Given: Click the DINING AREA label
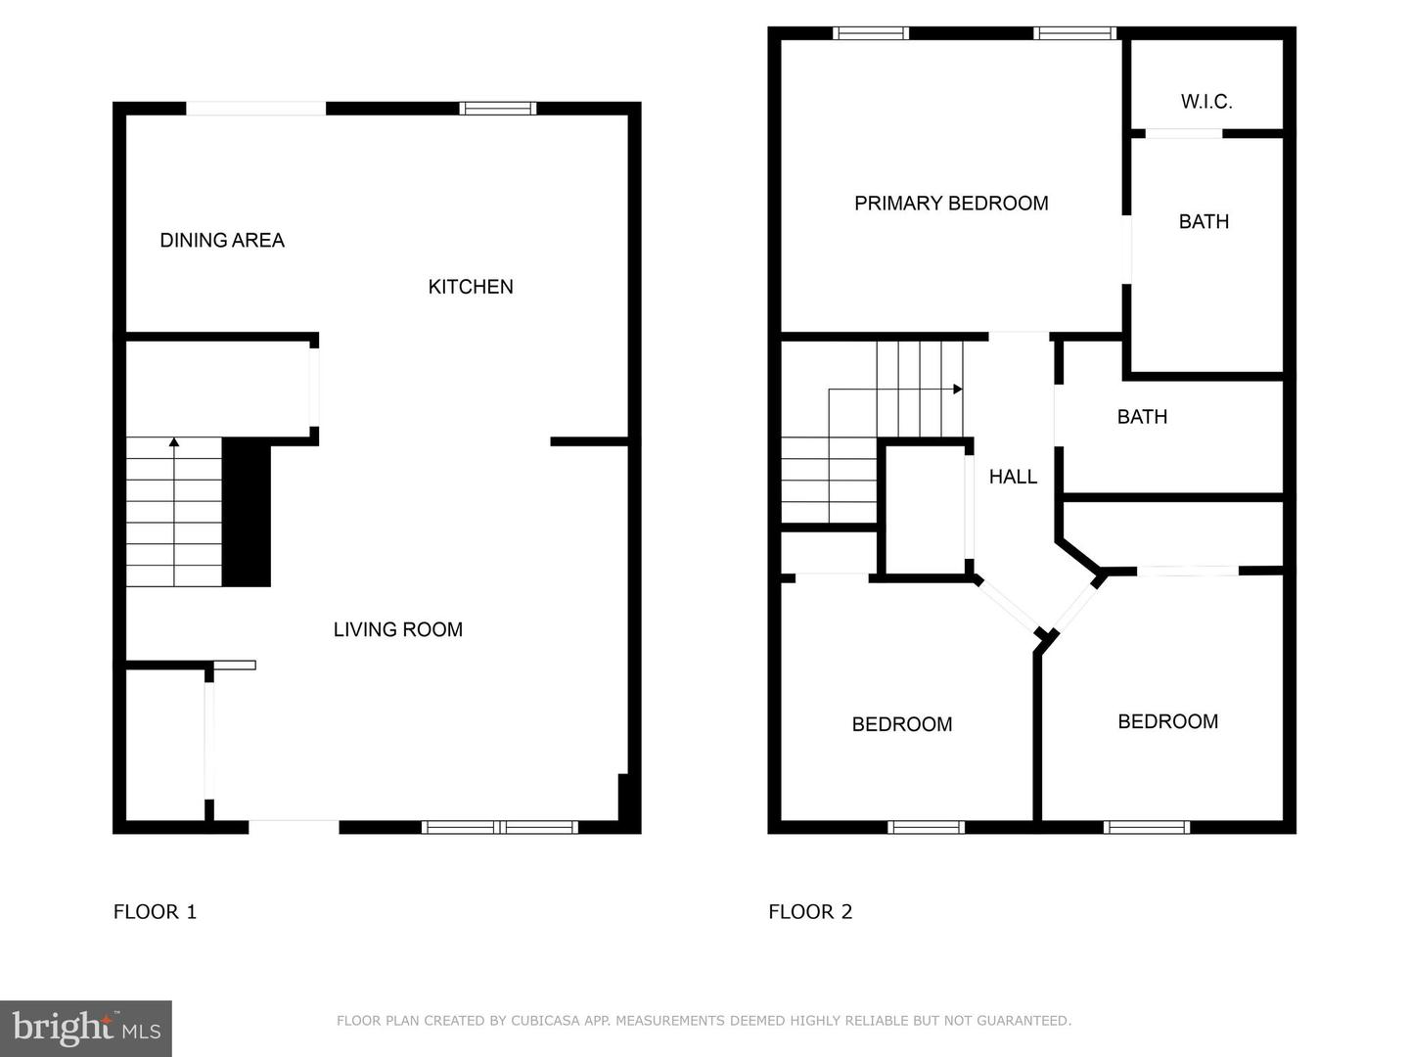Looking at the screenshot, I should (222, 241).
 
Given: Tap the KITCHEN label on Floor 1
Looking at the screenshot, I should (471, 287).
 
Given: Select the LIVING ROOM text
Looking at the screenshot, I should (397, 630).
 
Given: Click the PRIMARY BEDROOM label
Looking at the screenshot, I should (951, 204).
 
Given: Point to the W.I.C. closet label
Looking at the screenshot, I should (1206, 102).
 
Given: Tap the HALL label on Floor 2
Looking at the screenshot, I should (1013, 477).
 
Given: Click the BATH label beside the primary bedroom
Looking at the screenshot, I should (1204, 222).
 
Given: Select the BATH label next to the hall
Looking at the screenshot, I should (1142, 417).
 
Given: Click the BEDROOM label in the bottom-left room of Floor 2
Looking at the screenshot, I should (902, 724).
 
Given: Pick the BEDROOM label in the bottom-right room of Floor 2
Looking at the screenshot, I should (1167, 721).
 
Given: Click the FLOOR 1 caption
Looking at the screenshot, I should (155, 912).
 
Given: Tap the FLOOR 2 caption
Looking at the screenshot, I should (810, 912).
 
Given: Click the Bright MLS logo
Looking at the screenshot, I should (86, 1028).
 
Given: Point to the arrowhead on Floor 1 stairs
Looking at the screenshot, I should (174, 442).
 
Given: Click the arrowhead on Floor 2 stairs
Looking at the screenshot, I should (958, 390).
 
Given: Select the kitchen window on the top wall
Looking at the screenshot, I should (498, 109).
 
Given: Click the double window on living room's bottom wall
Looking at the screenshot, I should (499, 828).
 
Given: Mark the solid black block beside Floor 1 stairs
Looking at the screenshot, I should (247, 513).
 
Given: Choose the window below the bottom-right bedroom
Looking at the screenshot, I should (1147, 828).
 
